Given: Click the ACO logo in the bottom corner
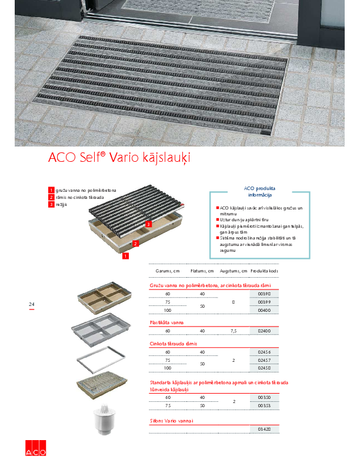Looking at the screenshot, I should (35, 448).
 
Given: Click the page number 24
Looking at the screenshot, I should (32, 304).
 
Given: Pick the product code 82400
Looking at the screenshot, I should (264, 331).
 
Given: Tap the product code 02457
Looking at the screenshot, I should (264, 360).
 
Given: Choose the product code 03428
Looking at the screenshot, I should (264, 430).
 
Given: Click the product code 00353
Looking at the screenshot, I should (264, 406).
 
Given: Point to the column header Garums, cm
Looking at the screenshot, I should (167, 271).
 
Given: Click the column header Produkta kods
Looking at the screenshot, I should (264, 271).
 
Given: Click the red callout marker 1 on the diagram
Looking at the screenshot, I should (125, 257).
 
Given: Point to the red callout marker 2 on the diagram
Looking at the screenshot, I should (136, 243).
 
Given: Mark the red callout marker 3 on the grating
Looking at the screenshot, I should (149, 224).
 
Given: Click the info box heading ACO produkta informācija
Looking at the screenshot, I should (259, 192).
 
